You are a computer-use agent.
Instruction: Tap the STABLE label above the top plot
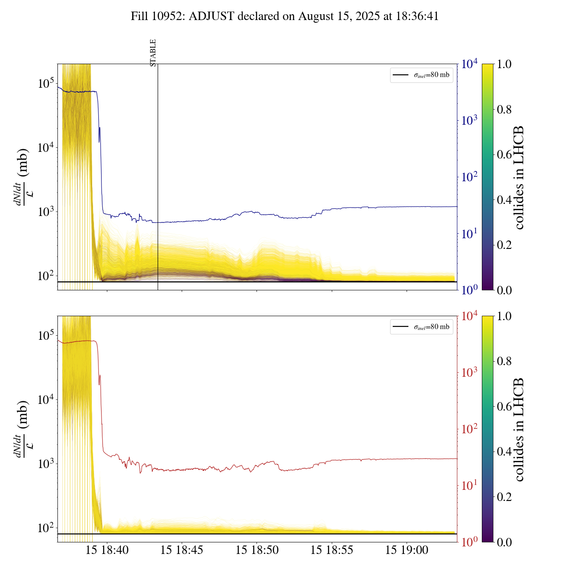[x=153, y=53]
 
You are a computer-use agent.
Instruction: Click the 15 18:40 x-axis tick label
[x=107, y=550]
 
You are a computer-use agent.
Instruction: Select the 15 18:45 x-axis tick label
[x=182, y=550]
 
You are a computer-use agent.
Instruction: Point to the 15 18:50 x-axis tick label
[x=257, y=550]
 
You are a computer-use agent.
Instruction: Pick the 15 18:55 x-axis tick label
[x=332, y=550]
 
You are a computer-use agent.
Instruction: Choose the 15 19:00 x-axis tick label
[x=407, y=550]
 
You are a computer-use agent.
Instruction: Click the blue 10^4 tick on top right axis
[x=469, y=64]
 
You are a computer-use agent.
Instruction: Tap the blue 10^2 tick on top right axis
[x=469, y=177]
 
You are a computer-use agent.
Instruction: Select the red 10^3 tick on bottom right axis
[x=469, y=372]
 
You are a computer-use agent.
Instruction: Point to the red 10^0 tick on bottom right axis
[x=469, y=541]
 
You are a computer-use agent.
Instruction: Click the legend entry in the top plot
[x=421, y=75]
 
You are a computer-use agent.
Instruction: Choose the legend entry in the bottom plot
[x=421, y=327]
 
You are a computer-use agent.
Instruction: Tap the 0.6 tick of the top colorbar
[x=504, y=155]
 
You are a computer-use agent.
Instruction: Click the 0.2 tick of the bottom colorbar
[x=504, y=497]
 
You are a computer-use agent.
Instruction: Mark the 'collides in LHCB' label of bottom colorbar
[x=519, y=429]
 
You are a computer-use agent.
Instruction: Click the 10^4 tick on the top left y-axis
[x=46, y=147]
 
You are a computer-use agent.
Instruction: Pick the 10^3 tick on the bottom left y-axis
[x=46, y=464]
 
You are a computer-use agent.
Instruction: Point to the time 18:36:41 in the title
[x=417, y=16]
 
